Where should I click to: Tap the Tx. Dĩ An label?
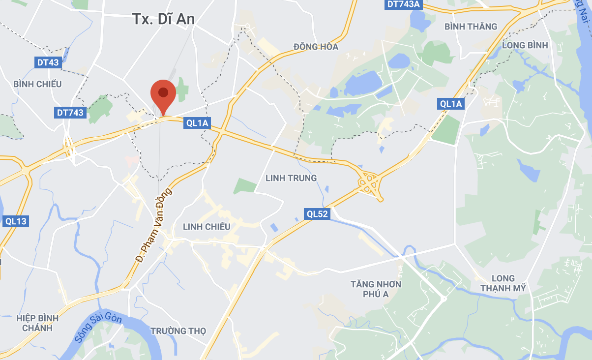(x=163, y=19)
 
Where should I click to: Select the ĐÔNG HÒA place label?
(x=316, y=47)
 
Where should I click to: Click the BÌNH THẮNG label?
(x=471, y=27)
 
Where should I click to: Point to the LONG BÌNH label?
(x=525, y=45)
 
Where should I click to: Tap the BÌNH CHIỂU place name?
(x=38, y=84)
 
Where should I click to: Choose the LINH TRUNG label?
(x=291, y=178)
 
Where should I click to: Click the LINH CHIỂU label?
(x=207, y=227)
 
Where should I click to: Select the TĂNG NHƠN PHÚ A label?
(x=376, y=289)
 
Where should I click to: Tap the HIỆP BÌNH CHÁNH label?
(x=37, y=323)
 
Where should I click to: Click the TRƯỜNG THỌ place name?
(x=178, y=331)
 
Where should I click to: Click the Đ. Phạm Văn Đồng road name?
(x=154, y=224)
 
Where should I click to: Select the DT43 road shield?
(x=48, y=62)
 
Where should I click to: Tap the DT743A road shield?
(x=404, y=4)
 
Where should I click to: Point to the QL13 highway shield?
(x=16, y=221)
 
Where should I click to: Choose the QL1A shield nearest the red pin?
(x=197, y=123)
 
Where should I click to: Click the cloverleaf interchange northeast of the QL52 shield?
(x=368, y=183)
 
